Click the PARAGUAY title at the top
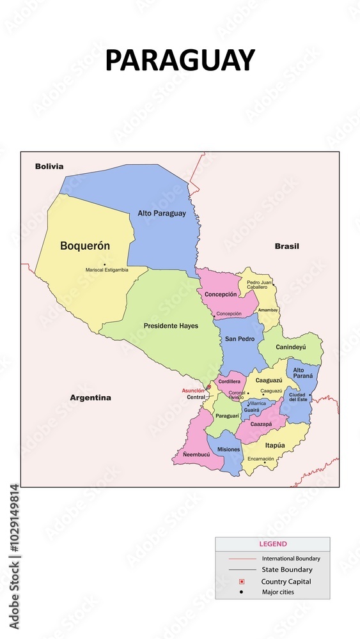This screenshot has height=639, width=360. tap(180, 60)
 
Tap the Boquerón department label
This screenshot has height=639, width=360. tap(85, 245)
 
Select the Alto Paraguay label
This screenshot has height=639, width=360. tap(162, 213)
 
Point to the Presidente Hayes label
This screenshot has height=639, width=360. tap(171, 326)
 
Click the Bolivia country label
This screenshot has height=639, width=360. tap(49, 166)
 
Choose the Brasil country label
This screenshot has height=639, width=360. tap(286, 246)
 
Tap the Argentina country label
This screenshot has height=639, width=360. tap(90, 397)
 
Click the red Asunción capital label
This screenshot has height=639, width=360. tap(192, 390)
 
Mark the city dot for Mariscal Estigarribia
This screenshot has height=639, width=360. tap(104, 265)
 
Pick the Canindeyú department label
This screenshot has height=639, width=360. tap(291, 348)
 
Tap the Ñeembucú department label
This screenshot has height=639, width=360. tap(196, 454)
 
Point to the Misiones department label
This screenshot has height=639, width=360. tap(228, 449)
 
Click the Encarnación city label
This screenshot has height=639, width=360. tap(261, 459)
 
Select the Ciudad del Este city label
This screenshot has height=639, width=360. tap(297, 397)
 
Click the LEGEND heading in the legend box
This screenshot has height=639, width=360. tap(272, 544)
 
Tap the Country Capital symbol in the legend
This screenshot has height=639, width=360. tap(241, 581)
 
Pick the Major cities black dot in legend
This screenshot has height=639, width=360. tap(241, 592)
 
